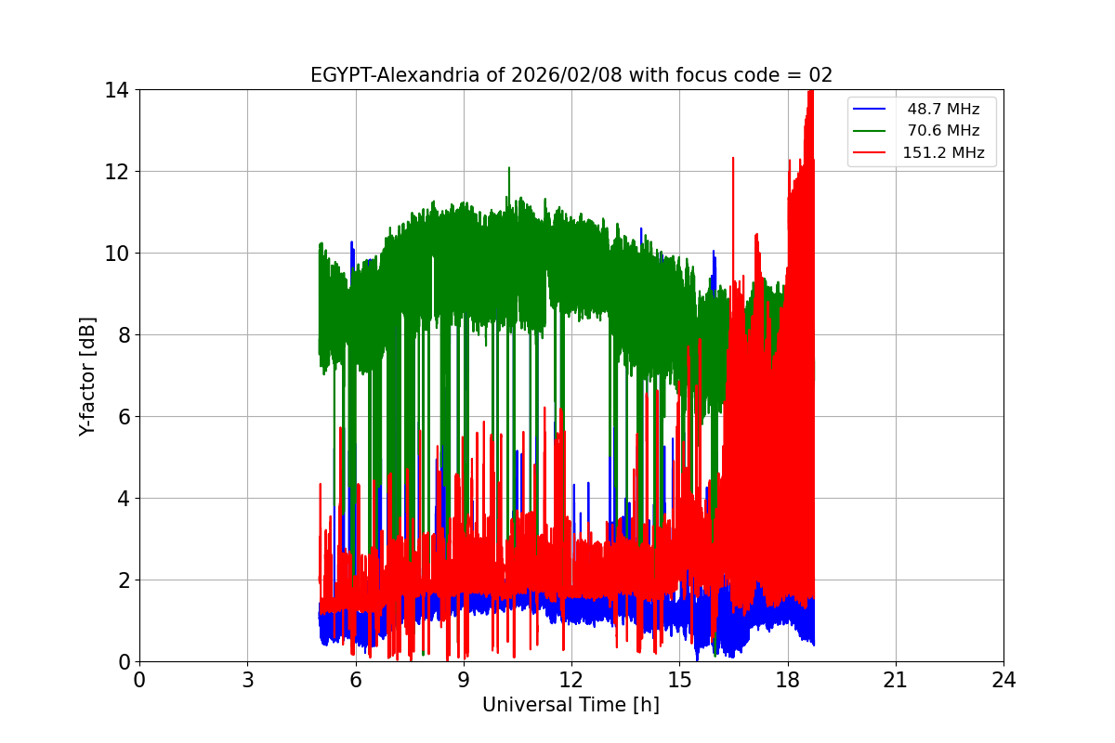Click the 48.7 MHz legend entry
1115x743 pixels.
[x=943, y=110]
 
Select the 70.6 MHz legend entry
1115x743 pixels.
[x=943, y=131]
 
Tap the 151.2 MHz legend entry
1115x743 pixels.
[x=943, y=153]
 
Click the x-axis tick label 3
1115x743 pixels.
[x=247, y=680]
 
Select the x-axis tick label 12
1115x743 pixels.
[x=571, y=680]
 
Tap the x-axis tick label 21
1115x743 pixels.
[x=896, y=680]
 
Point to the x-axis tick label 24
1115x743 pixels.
[x=1003, y=680]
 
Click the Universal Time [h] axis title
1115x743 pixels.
[x=571, y=706]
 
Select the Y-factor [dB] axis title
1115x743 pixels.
[x=88, y=375]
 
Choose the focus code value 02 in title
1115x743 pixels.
[x=820, y=75]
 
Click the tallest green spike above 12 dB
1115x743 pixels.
[x=509, y=169]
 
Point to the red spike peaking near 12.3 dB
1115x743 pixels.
[x=733, y=160]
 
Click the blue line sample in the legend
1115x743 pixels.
[x=870, y=110]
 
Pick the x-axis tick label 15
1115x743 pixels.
[x=679, y=680]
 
